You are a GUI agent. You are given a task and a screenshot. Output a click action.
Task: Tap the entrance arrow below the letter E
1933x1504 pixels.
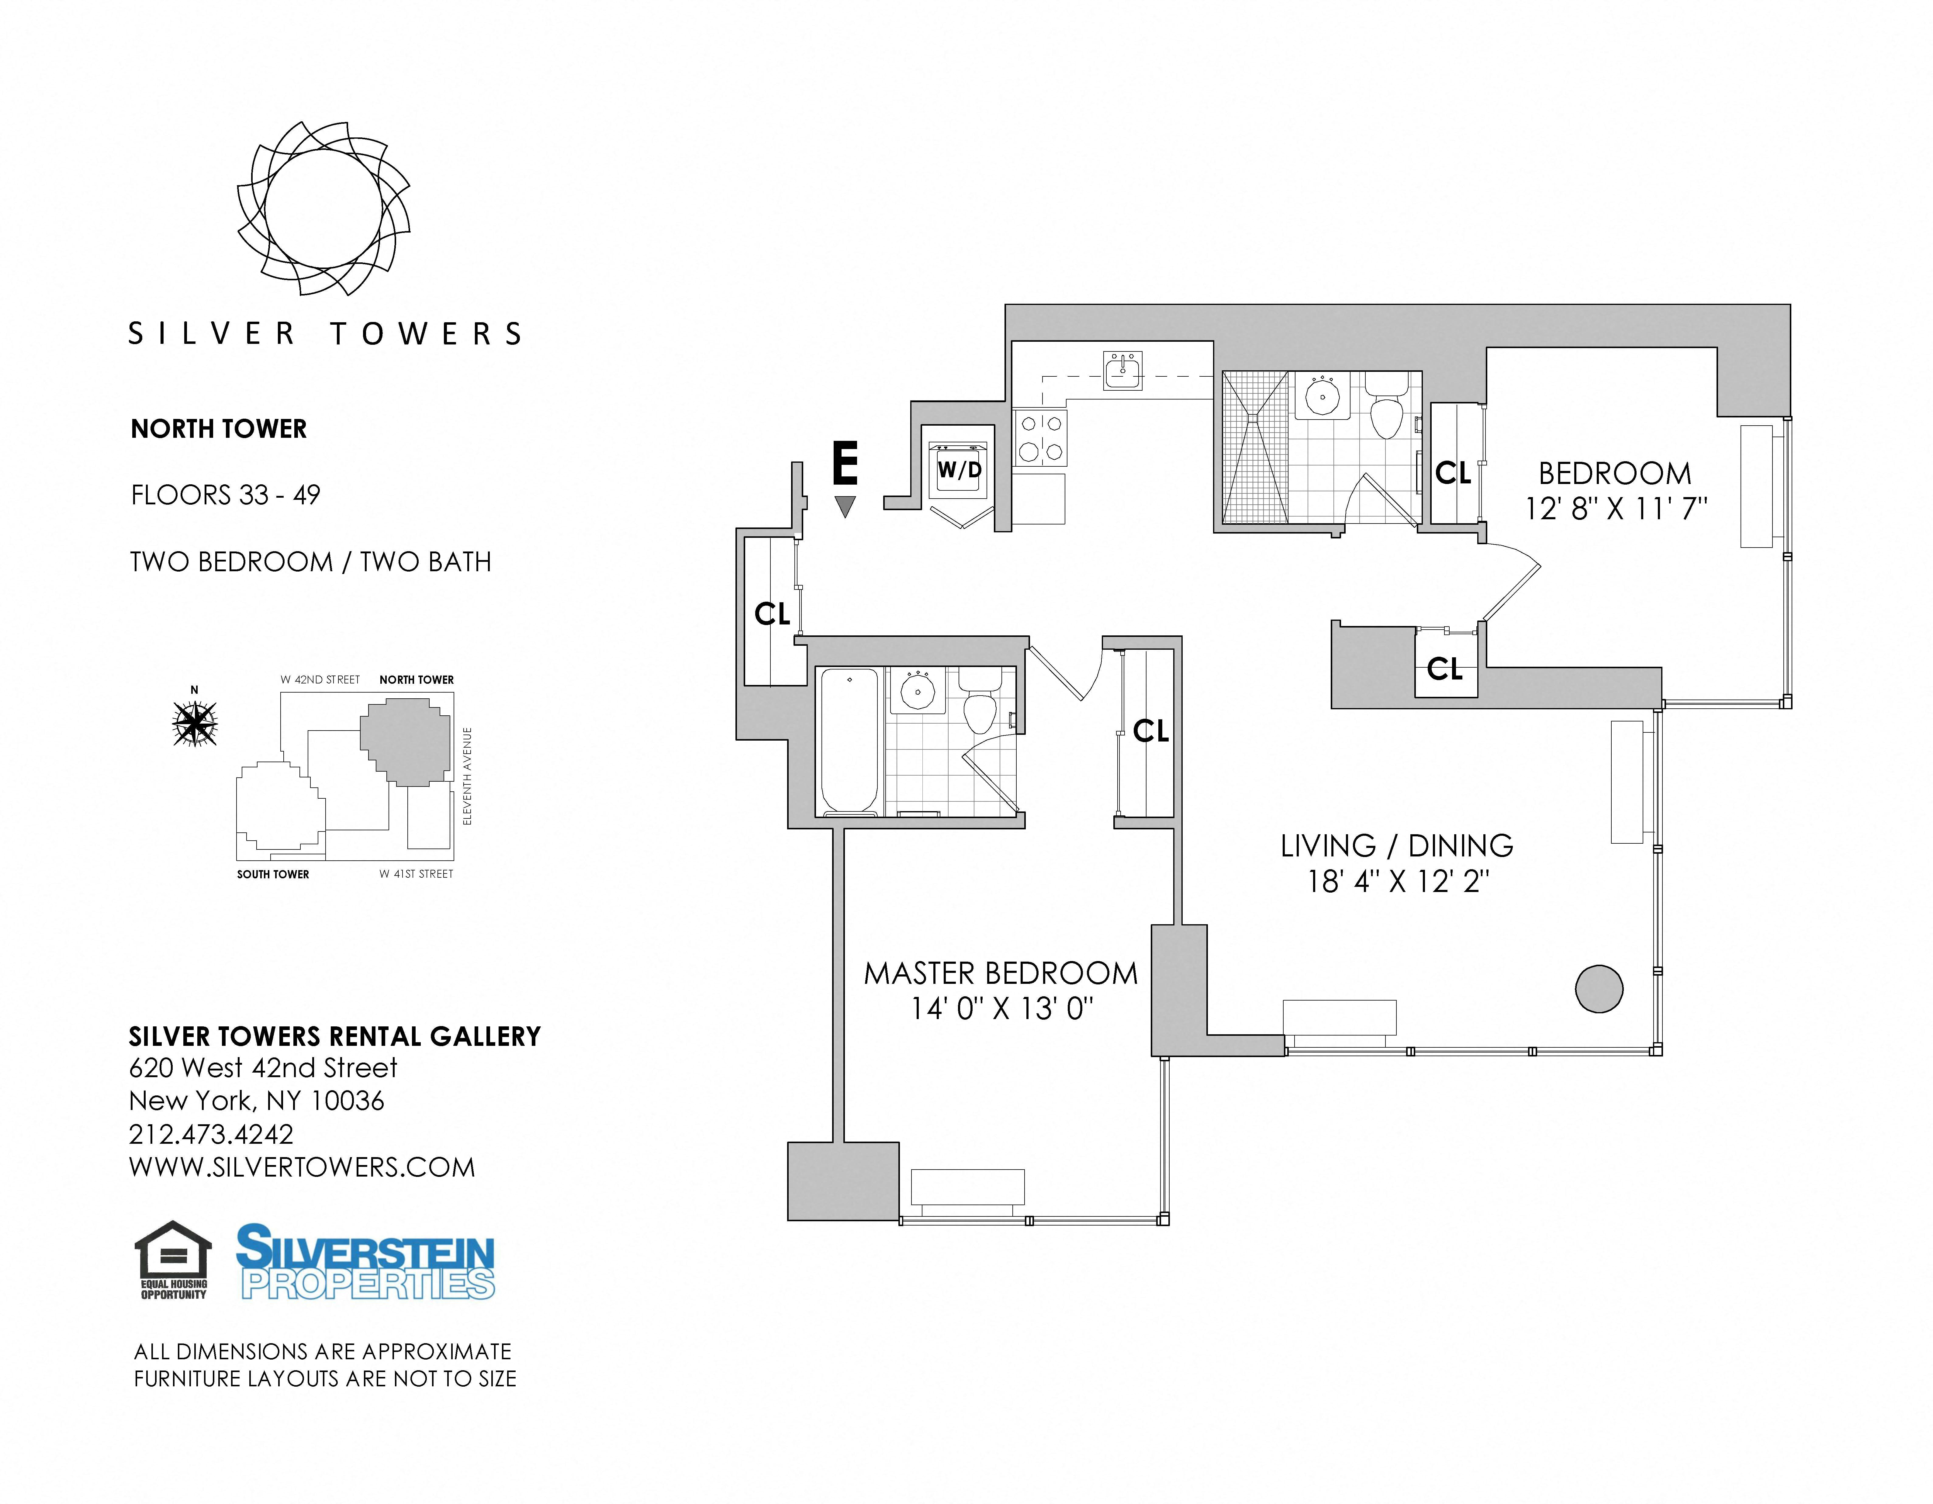(x=845, y=506)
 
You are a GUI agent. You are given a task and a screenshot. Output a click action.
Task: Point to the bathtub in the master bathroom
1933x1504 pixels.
(x=850, y=741)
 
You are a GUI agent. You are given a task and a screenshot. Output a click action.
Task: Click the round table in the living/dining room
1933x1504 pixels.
(x=1599, y=988)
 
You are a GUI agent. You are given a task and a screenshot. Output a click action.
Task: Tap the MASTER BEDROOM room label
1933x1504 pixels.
(x=1001, y=974)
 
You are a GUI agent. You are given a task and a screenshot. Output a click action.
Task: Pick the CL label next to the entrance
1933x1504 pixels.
(x=772, y=614)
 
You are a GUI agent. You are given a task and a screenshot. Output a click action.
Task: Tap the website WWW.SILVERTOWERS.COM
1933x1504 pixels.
(x=302, y=1168)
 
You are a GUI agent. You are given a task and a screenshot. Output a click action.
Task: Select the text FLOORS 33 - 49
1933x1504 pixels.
(x=226, y=495)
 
